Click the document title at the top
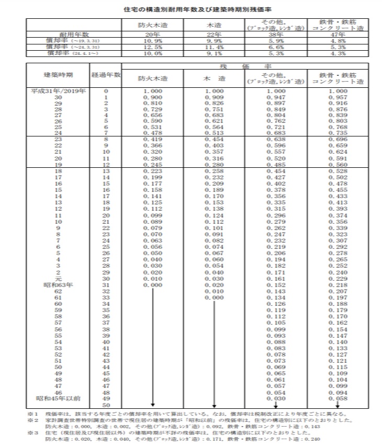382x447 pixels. [191, 10]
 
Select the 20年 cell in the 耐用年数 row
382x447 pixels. [152, 34]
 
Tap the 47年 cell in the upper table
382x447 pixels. [340, 34]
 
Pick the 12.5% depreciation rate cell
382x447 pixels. [152, 47]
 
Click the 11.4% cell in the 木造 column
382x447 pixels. [215, 47]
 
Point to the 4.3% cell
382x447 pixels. [340, 53]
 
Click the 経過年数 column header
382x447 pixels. [106, 75]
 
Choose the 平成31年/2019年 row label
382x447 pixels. [59, 91]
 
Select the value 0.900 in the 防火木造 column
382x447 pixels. [152, 97]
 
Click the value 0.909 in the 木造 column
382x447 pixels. [215, 97]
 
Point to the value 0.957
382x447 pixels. [340, 97]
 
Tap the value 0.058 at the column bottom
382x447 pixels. [340, 399]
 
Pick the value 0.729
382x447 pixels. [152, 110]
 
